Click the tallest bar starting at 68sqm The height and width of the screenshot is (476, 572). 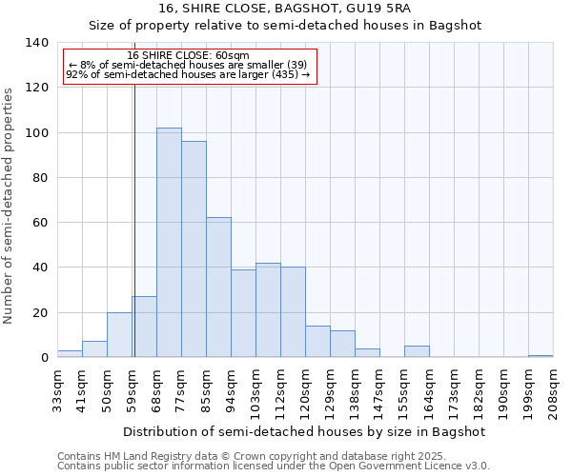[169, 243]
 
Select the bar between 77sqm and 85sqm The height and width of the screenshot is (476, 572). [194, 249]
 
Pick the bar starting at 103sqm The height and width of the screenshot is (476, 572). [268, 310]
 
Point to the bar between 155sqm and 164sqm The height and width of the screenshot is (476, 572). [417, 351]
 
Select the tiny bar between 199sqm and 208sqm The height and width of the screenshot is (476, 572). [541, 356]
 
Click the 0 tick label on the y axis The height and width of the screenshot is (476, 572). [44, 358]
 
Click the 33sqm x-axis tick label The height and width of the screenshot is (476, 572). [57, 390]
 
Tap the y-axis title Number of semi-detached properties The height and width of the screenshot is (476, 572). [10, 205]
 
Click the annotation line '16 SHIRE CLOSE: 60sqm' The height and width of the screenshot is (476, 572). [188, 56]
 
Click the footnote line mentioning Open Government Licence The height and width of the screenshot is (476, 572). [274, 466]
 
